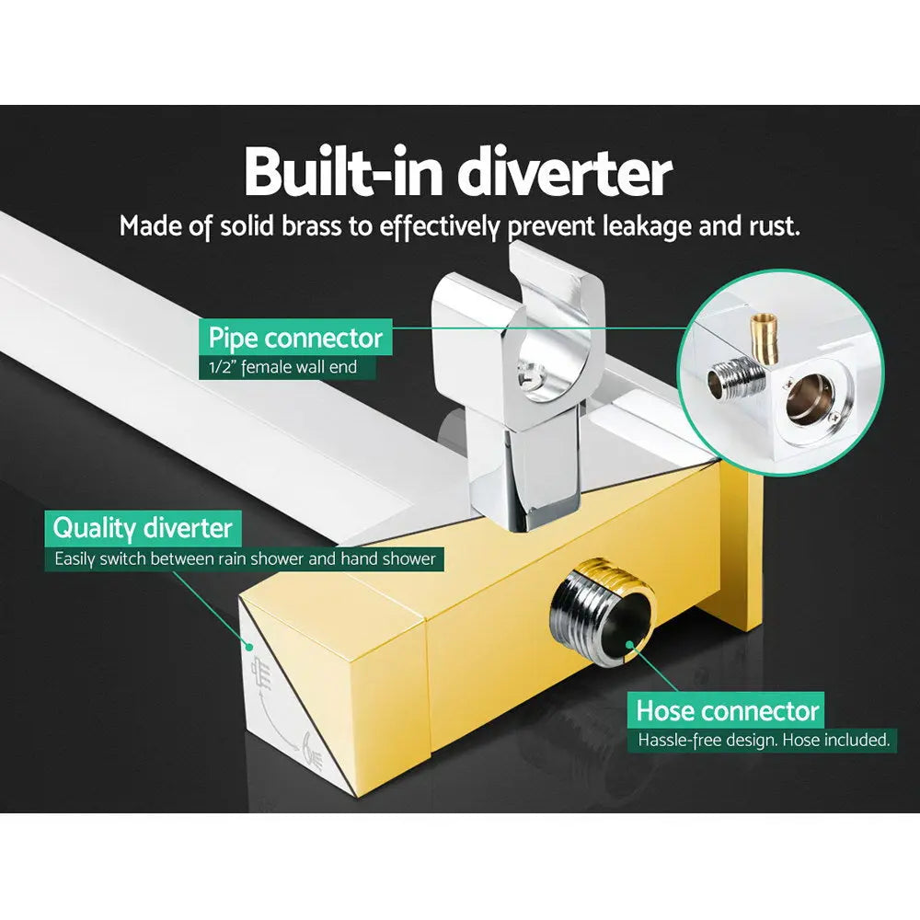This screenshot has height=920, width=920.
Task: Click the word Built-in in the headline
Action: click(343, 172)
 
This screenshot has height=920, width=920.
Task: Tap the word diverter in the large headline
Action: click(565, 172)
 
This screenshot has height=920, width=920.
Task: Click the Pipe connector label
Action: click(295, 338)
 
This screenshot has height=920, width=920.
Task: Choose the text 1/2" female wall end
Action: click(282, 367)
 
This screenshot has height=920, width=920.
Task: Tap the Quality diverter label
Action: click(143, 528)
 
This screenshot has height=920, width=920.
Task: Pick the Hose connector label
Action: click(727, 710)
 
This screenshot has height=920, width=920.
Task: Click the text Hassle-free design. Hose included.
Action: click(764, 740)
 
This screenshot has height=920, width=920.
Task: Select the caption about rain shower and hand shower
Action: click(246, 558)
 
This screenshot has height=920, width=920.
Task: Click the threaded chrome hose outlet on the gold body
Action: click(602, 610)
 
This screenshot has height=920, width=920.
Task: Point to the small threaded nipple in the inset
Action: click(735, 377)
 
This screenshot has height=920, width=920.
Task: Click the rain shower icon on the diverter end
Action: click(261, 674)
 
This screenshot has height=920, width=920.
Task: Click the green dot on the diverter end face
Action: click(249, 647)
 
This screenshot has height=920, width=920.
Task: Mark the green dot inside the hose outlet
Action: click(629, 645)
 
